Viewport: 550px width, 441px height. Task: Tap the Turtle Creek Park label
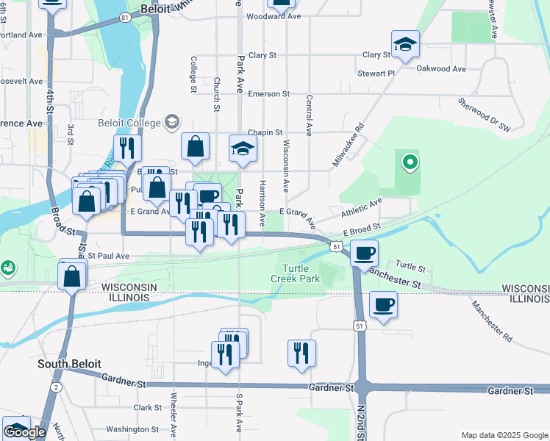coord(299,274)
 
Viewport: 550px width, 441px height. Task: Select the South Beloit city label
coord(70,364)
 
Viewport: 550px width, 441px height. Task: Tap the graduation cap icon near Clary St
coord(405,44)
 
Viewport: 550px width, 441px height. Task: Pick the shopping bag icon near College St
coord(196,146)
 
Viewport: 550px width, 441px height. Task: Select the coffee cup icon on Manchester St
coord(365,254)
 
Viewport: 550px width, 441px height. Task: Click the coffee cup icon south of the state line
coord(384,304)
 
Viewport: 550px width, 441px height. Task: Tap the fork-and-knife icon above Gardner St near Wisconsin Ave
coord(301,353)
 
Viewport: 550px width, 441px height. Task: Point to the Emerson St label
coord(268,94)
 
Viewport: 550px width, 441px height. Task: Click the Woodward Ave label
coord(274,15)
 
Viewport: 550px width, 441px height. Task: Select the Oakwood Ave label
coord(441,69)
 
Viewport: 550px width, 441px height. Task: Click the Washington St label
coord(132,429)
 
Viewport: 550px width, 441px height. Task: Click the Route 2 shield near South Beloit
coord(56,387)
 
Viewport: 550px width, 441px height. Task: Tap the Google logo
coord(25,432)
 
